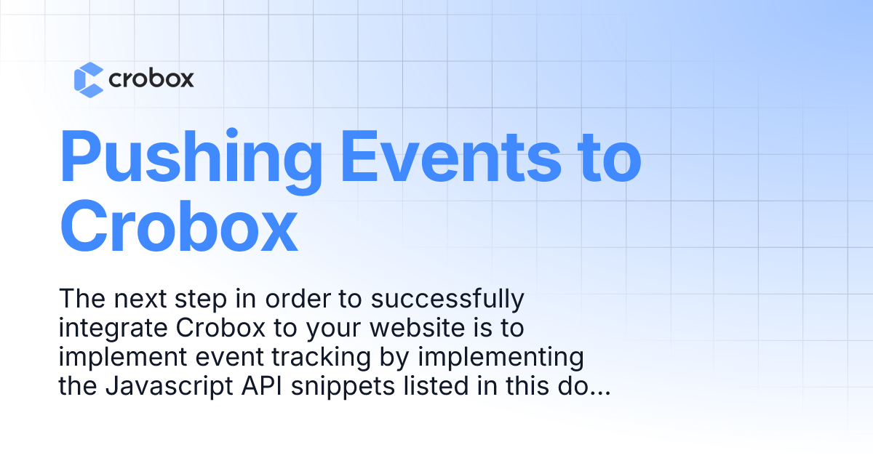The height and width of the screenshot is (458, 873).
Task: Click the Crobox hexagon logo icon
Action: coord(89,79)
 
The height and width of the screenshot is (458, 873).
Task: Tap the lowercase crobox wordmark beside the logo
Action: coord(151,79)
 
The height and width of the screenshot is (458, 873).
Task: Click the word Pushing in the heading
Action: coord(191,158)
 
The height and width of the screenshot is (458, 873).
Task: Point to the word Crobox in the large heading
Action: coord(179,226)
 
